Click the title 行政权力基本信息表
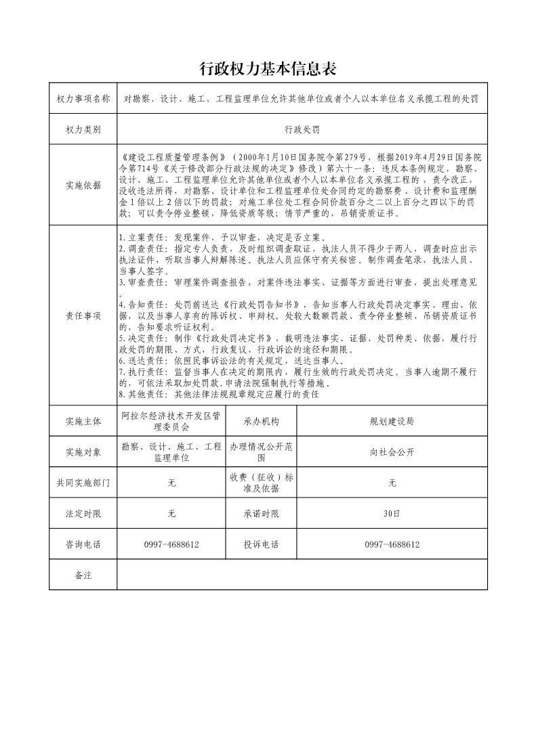tap(268, 68)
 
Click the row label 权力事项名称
tap(83, 99)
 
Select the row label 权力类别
tap(83, 129)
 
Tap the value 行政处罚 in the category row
tap(302, 129)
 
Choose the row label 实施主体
tap(83, 421)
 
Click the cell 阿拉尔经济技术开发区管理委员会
tap(171, 421)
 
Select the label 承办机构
tap(261, 421)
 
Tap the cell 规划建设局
tap(392, 421)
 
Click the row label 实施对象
tap(83, 452)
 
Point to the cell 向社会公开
tap(392, 452)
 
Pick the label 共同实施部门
tap(83, 483)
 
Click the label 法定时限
tap(83, 514)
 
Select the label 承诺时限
tap(261, 514)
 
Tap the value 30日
tap(392, 514)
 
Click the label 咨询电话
tap(83, 544)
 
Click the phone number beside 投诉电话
tap(392, 544)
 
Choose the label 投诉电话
tap(261, 544)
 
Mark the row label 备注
tap(83, 575)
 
